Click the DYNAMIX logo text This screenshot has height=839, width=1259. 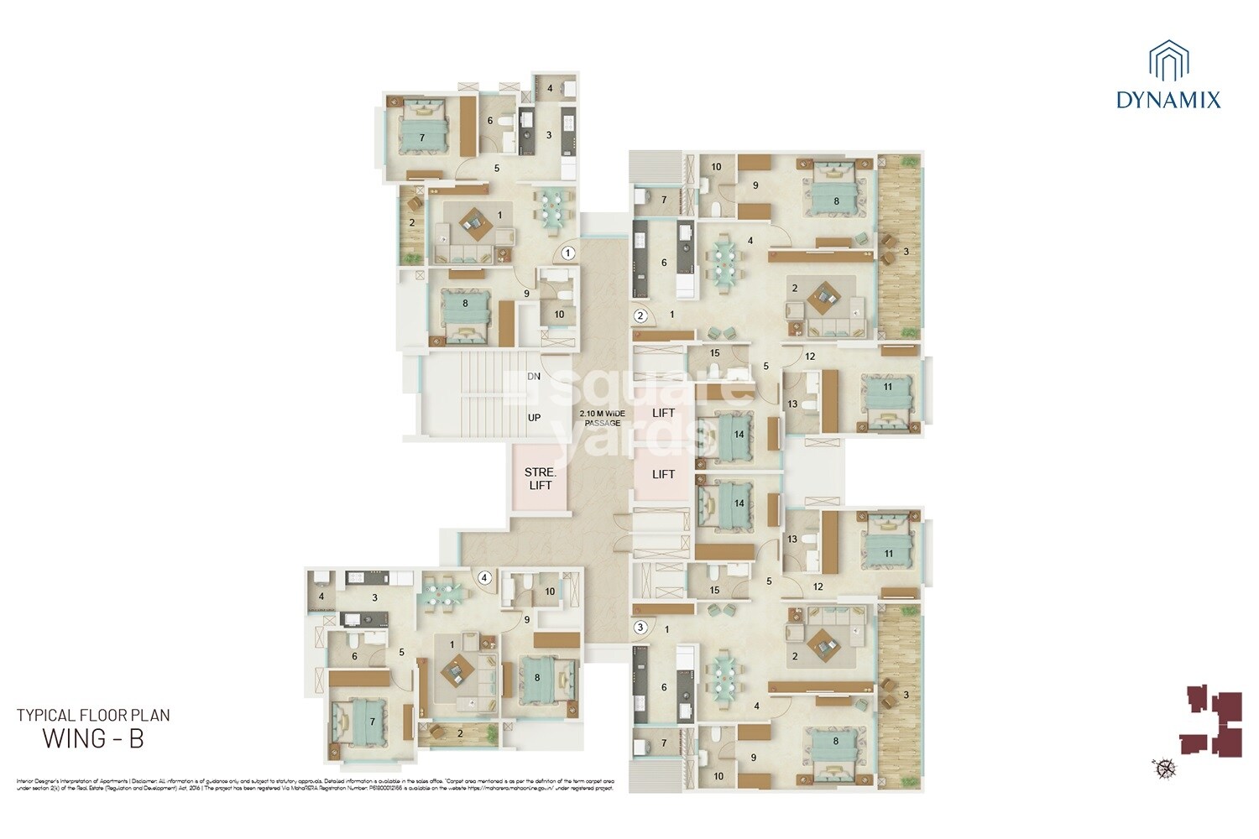(x=1168, y=101)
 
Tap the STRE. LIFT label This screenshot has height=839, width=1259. (x=541, y=479)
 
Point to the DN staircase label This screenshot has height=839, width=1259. (x=534, y=377)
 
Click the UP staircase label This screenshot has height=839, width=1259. (x=534, y=418)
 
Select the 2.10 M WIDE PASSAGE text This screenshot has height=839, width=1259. (x=603, y=418)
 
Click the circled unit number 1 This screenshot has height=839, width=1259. (x=568, y=252)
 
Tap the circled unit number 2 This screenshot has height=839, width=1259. (x=640, y=316)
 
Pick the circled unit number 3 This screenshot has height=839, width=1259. (x=640, y=627)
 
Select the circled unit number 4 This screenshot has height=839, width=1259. (x=484, y=577)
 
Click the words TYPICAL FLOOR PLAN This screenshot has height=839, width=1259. (x=93, y=716)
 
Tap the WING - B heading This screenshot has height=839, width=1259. (x=93, y=739)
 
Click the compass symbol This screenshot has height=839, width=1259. (x=1164, y=767)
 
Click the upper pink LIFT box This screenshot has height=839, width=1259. (x=663, y=413)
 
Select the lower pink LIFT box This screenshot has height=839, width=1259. (x=663, y=474)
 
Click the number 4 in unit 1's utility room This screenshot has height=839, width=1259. (x=551, y=88)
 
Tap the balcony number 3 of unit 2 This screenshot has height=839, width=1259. (x=906, y=252)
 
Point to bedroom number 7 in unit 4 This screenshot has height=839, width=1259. (x=372, y=722)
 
